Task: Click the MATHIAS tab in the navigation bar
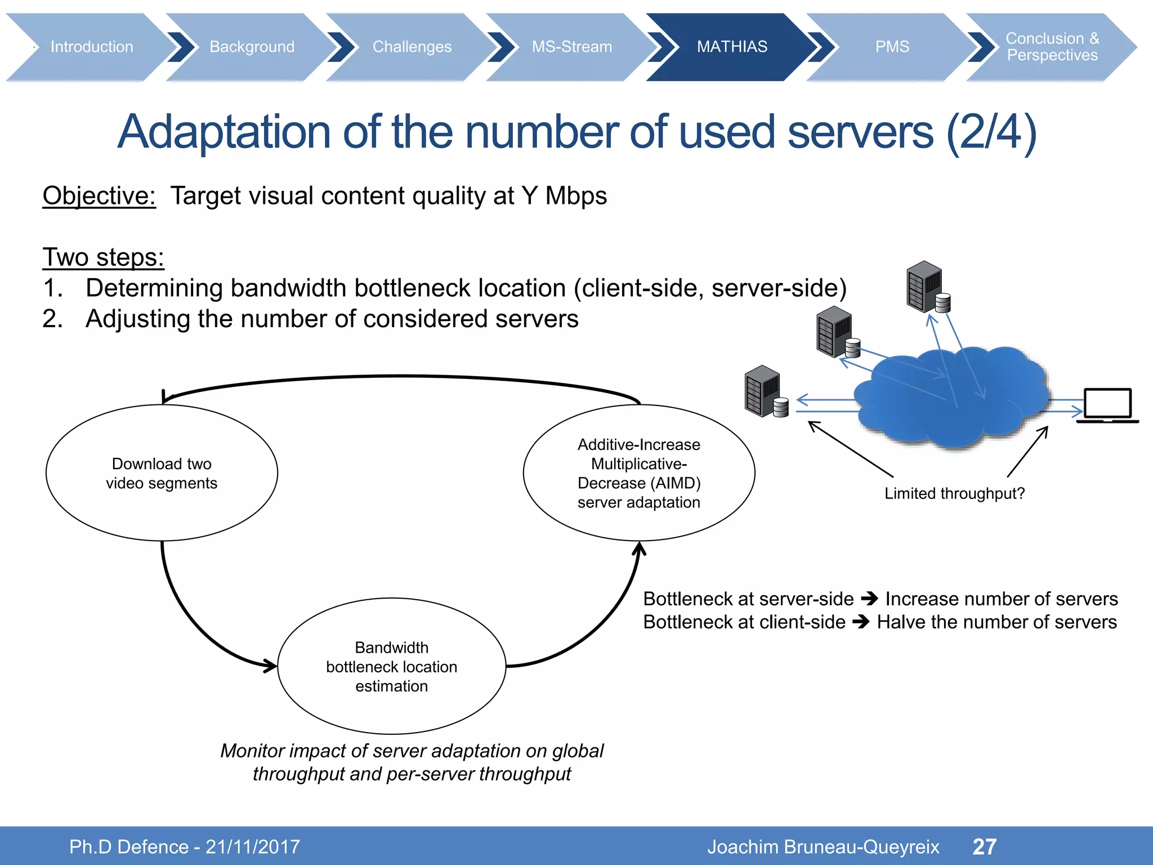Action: pyautogui.click(x=731, y=47)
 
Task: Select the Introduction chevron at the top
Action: pyautogui.click(x=92, y=47)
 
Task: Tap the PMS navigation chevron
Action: pyautogui.click(x=892, y=47)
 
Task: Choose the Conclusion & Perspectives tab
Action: pyautogui.click(x=1052, y=47)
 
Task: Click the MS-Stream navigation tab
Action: pyautogui.click(x=571, y=47)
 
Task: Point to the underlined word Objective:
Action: pyautogui.click(x=99, y=196)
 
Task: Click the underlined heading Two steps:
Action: pyautogui.click(x=103, y=257)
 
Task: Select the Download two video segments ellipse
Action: pyautogui.click(x=162, y=473)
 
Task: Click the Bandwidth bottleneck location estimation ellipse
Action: pyautogui.click(x=391, y=666)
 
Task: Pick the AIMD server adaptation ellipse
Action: pyautogui.click(x=638, y=473)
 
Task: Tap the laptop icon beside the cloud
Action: pyautogui.click(x=1107, y=405)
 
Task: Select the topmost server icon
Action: pyautogui.click(x=927, y=288)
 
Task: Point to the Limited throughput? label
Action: pyautogui.click(x=954, y=494)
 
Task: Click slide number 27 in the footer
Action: pyautogui.click(x=984, y=846)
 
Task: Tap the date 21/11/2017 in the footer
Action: pyautogui.click(x=253, y=847)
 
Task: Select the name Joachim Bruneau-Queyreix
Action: pyautogui.click(x=823, y=847)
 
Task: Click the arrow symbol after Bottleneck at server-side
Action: pyautogui.click(x=870, y=599)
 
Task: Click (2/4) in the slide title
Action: pyautogui.click(x=991, y=132)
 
